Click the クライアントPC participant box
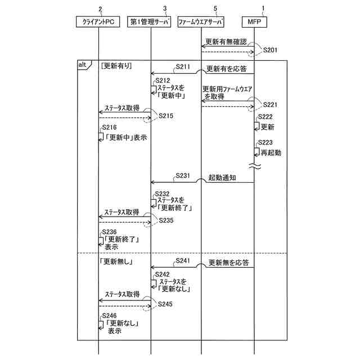click(x=98, y=22)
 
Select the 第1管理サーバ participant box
click(x=151, y=22)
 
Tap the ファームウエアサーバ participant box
click(x=200, y=22)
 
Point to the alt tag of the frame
click(x=82, y=65)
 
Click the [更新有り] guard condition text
click(x=116, y=66)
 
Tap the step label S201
click(x=271, y=50)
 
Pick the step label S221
click(x=271, y=105)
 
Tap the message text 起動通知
click(x=222, y=177)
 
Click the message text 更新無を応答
click(x=228, y=262)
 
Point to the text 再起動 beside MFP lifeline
click(x=271, y=152)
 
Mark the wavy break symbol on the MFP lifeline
click(x=254, y=166)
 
